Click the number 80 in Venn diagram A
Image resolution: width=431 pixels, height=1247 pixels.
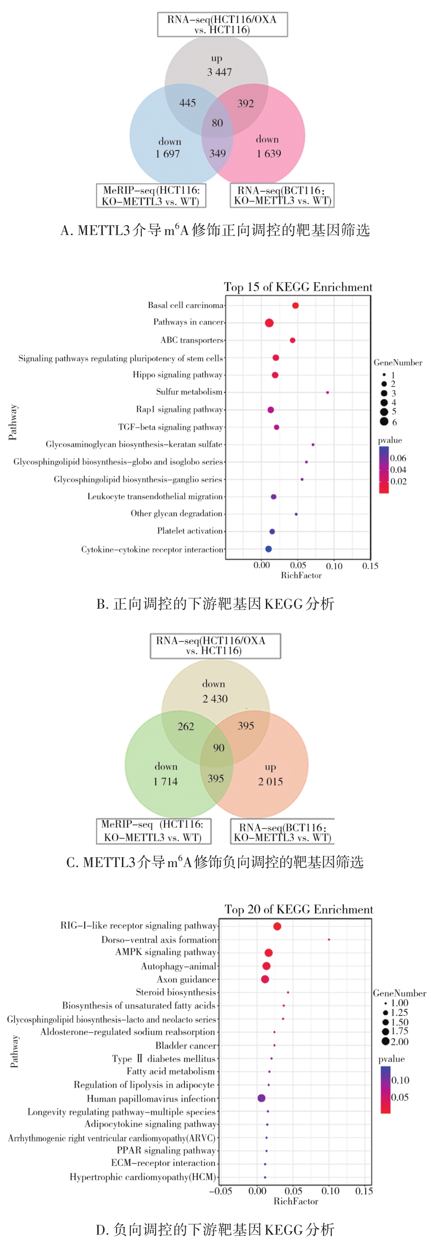click(x=218, y=123)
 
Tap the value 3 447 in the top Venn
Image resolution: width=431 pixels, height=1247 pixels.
click(x=219, y=72)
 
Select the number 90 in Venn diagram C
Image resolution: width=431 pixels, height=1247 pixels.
click(x=219, y=748)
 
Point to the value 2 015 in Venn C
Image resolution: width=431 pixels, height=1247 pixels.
click(x=270, y=781)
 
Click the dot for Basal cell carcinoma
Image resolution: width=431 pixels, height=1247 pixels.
click(x=296, y=305)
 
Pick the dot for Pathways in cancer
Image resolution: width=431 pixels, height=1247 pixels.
click(x=269, y=323)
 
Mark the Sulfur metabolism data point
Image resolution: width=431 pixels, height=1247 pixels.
click(x=327, y=392)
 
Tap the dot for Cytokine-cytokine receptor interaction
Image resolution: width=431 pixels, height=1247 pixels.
click(x=268, y=549)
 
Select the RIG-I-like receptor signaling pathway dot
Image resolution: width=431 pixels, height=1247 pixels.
click(x=277, y=926)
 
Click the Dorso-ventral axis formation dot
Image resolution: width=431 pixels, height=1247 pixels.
click(x=329, y=940)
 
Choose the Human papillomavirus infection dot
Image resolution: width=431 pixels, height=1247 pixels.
click(x=261, y=1098)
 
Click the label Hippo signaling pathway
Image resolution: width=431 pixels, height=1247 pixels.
click(x=178, y=375)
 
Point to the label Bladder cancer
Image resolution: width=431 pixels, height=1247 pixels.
click(x=186, y=1045)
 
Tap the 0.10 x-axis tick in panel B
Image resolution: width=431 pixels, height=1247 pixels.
click(x=334, y=566)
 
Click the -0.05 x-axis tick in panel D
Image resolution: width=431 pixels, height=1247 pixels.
click(x=220, y=1191)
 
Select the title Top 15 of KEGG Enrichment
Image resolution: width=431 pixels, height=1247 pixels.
click(x=298, y=287)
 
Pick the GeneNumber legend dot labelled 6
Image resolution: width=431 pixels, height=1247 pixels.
click(x=384, y=422)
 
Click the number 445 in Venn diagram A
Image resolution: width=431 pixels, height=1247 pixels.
click(x=187, y=103)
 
